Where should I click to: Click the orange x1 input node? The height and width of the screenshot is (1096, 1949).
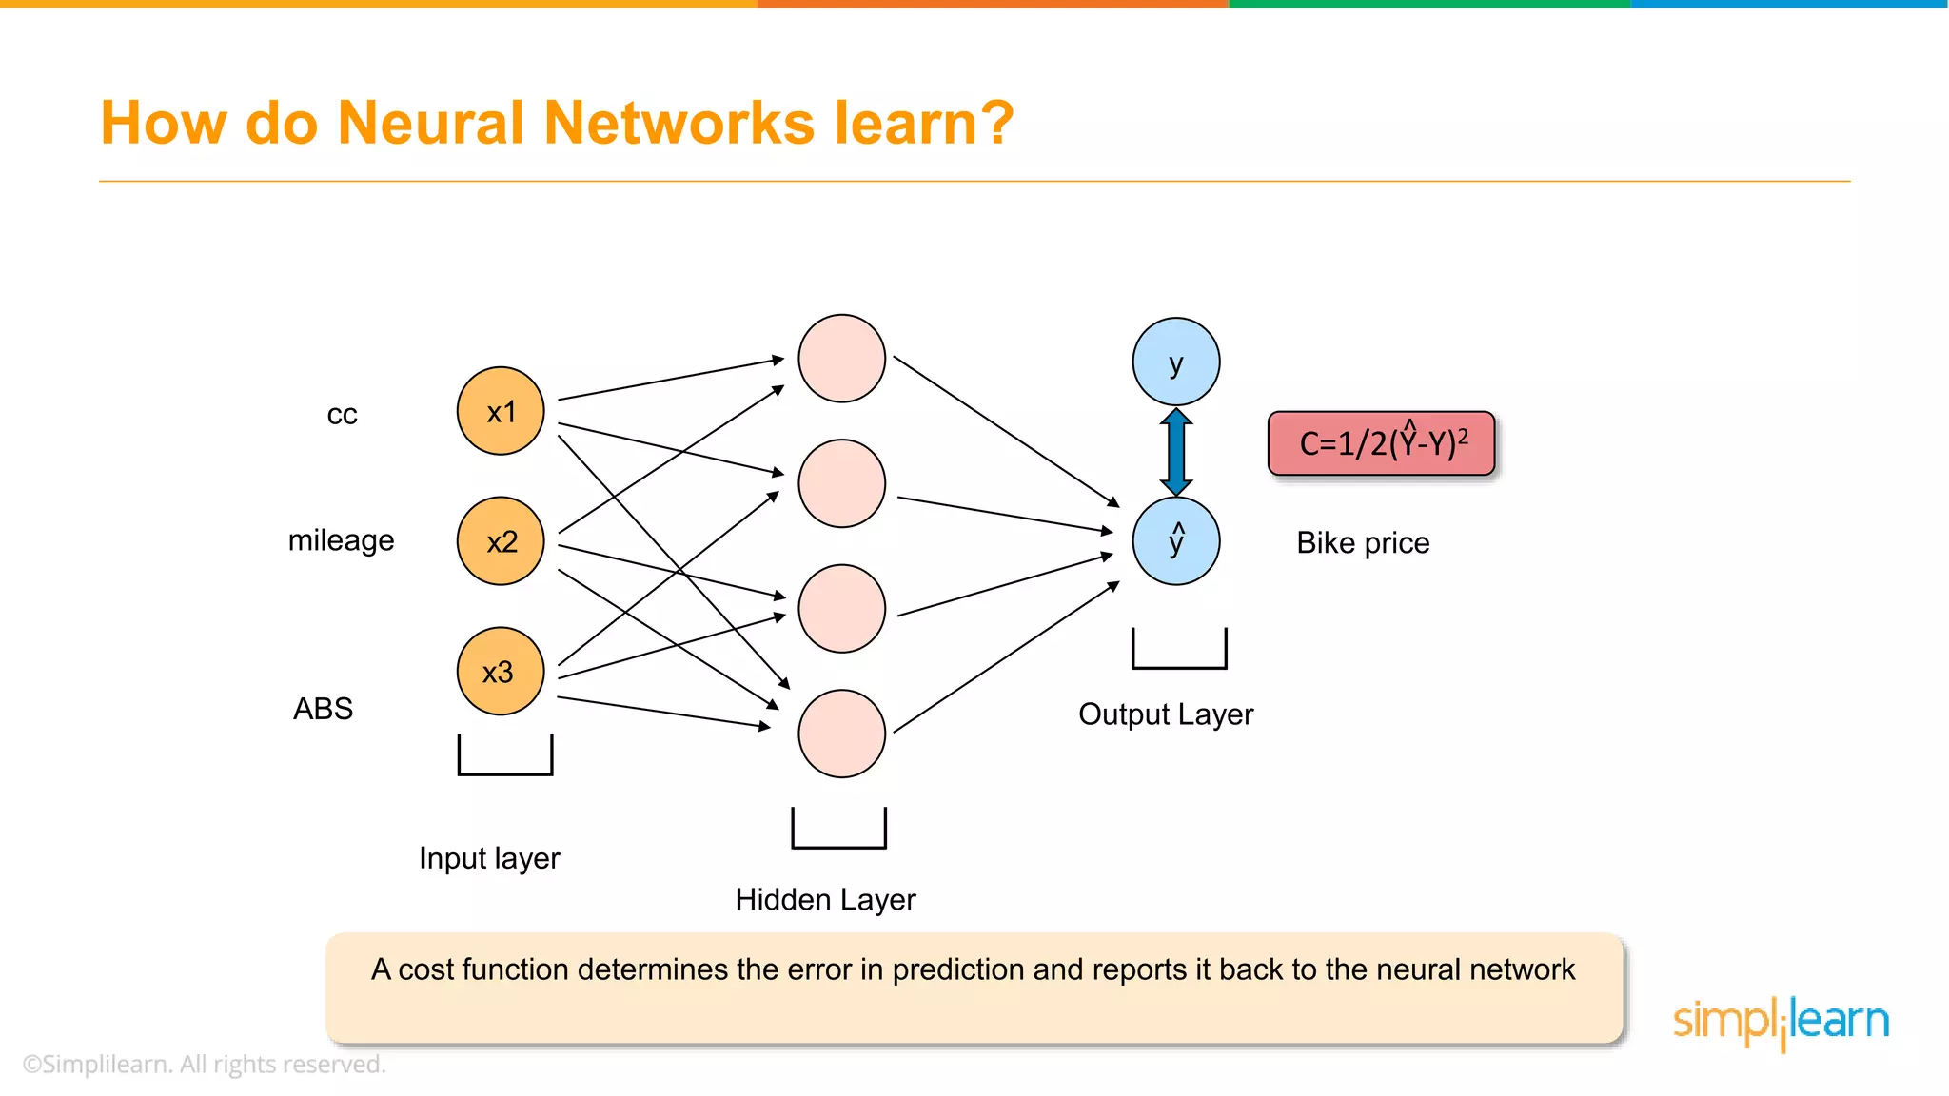(x=501, y=411)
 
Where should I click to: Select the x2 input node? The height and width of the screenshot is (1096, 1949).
(x=501, y=540)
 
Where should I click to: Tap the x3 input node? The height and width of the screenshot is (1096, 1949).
(x=501, y=671)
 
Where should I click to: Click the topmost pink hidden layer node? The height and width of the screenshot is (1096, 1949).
(x=841, y=359)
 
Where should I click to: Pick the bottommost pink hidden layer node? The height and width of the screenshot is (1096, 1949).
(x=841, y=734)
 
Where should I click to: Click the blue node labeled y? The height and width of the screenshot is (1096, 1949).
(x=1176, y=362)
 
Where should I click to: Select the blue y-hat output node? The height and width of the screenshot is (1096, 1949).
(x=1176, y=540)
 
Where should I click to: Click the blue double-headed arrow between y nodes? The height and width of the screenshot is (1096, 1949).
(x=1176, y=451)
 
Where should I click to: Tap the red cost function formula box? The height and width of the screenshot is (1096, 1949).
(x=1381, y=443)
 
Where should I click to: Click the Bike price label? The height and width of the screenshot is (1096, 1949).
(x=1363, y=542)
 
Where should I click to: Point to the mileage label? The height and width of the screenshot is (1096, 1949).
(x=341, y=540)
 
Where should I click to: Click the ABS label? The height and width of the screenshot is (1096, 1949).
(x=323, y=709)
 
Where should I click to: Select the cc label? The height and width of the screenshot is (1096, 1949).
(x=342, y=415)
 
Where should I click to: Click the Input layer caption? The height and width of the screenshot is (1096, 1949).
(x=489, y=858)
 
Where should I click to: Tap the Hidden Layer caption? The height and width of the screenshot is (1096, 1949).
(x=825, y=899)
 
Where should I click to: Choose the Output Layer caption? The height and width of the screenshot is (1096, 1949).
(x=1166, y=714)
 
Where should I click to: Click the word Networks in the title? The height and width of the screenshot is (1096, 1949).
(x=679, y=123)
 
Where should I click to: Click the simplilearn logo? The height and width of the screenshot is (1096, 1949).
(x=1781, y=1022)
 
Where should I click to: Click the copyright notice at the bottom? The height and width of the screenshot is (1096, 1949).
(x=204, y=1064)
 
